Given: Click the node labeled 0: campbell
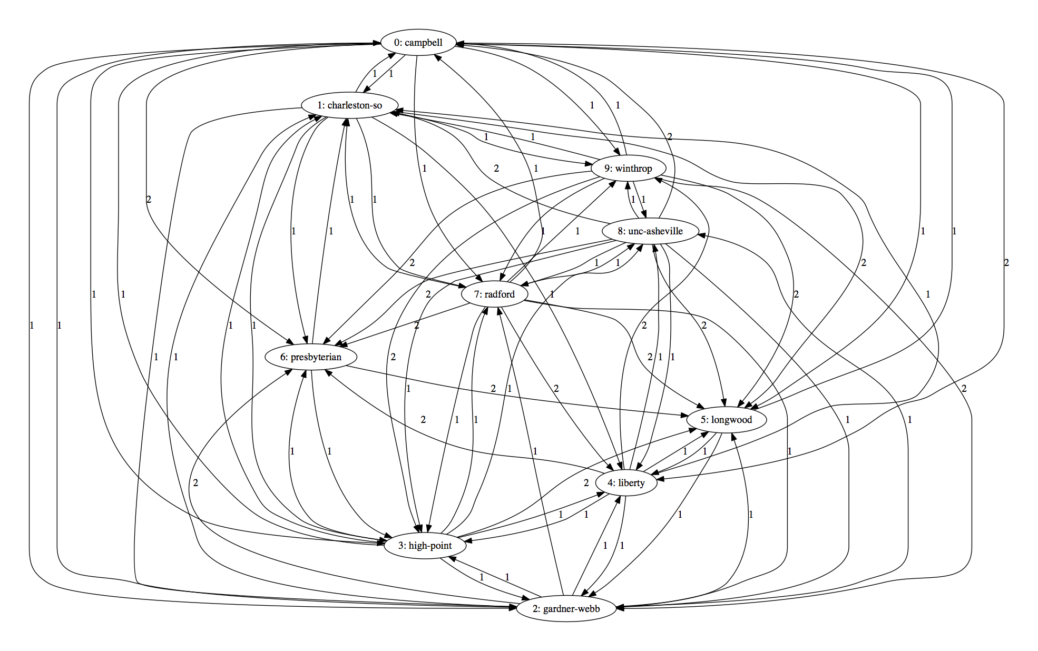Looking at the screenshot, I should (418, 43).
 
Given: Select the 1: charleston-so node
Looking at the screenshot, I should (349, 105).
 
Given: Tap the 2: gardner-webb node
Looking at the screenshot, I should (566, 609).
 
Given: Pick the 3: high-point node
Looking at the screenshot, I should (425, 546).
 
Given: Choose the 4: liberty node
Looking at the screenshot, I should (626, 483).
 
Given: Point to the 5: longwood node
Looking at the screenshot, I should (726, 420).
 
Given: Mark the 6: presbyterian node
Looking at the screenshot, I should (311, 357).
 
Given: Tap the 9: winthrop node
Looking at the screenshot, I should (628, 169).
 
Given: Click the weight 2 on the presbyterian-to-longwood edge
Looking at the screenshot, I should (493, 389).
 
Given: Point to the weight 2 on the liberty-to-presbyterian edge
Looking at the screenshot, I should (423, 420).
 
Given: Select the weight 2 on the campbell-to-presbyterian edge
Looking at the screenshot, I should (149, 200).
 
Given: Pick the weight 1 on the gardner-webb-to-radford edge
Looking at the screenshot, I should (535, 451).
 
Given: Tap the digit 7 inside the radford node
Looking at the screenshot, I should (477, 294).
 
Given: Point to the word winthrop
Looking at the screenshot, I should (633, 169).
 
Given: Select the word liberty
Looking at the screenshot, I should (631, 483).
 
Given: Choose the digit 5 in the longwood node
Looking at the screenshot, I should (703, 420).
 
